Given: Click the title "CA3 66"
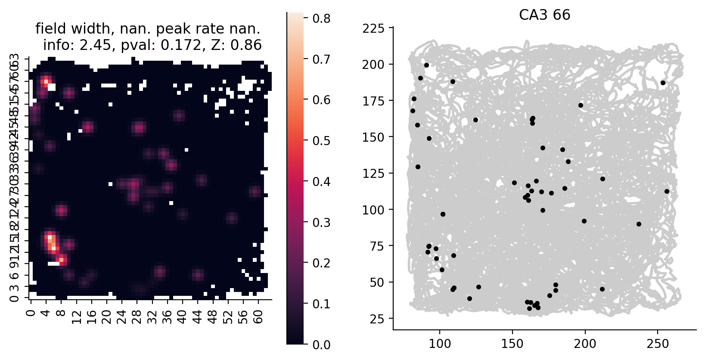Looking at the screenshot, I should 544,15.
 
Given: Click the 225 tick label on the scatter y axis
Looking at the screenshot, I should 373,29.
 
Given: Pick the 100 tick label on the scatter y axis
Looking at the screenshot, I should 373,210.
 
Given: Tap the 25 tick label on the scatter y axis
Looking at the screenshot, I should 377,319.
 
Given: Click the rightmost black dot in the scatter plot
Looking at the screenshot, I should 667,191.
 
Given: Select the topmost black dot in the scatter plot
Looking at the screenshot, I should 426,65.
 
